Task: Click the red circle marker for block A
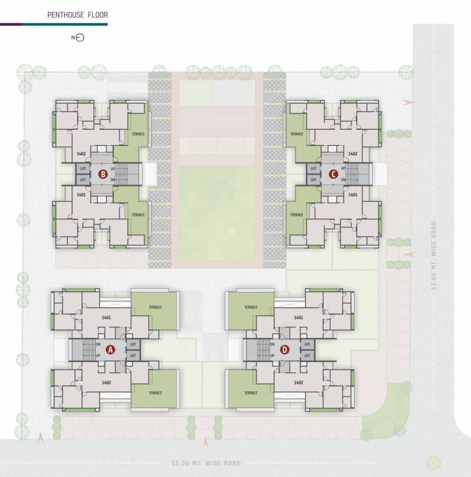(111, 349)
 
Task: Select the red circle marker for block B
(103, 174)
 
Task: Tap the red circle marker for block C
(333, 174)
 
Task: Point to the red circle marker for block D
(284, 349)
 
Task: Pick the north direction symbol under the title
(78, 38)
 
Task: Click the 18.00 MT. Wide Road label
(206, 463)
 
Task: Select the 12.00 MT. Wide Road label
(434, 256)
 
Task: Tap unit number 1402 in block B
(81, 153)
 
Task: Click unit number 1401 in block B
(81, 194)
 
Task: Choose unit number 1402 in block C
(353, 153)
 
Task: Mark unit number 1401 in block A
(106, 317)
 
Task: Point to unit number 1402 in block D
(298, 383)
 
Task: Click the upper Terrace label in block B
(138, 134)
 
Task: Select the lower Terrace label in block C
(297, 215)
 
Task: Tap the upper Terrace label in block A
(156, 307)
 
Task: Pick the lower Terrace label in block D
(251, 393)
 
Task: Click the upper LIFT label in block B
(83, 168)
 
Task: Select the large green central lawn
(217, 212)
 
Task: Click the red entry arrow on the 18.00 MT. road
(206, 442)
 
